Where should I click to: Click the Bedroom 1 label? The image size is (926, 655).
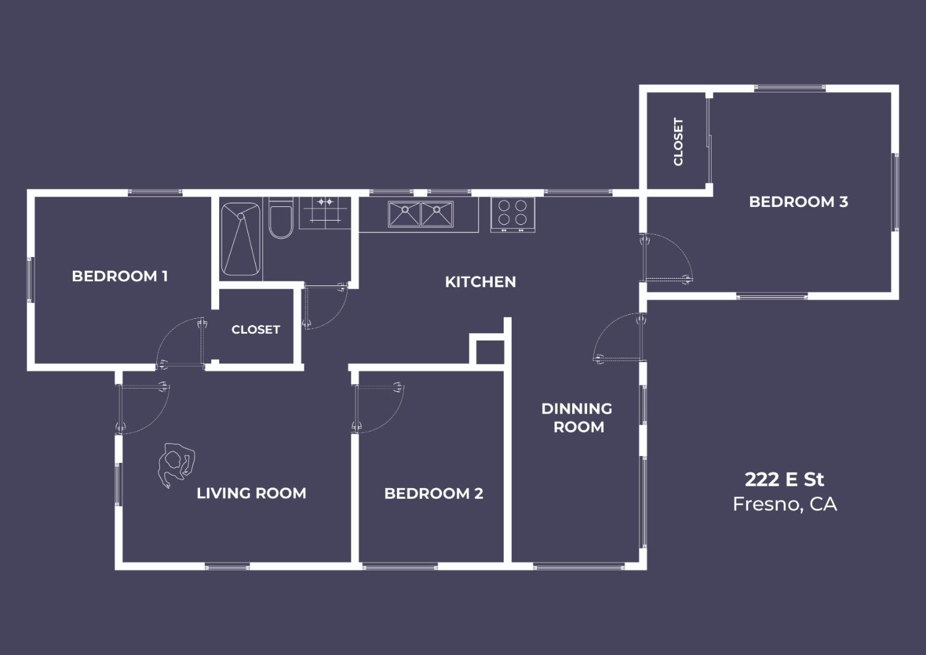pos(120,276)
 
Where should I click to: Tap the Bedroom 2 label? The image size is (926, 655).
pos(433,493)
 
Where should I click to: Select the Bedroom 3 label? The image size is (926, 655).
pos(798,201)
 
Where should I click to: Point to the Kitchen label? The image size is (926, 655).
pos(480,282)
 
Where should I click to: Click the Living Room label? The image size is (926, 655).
pos(251,493)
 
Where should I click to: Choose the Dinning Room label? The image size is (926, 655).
pos(577,417)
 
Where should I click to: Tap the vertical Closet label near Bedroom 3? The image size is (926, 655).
pos(678,142)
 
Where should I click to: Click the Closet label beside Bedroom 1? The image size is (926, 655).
pos(256,329)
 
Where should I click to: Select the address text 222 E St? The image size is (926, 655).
pos(784,480)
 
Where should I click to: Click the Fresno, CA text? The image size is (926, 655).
pos(785,504)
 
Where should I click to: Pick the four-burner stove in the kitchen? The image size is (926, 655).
pos(512,214)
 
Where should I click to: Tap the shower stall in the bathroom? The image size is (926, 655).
pos(241,239)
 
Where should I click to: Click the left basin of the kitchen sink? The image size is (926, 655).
pos(404,214)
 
